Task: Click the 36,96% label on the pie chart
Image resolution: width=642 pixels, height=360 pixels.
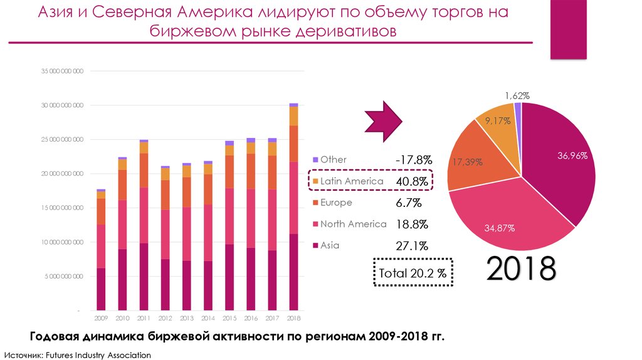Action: (572, 156)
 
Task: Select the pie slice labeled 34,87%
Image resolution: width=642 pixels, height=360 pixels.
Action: (500, 228)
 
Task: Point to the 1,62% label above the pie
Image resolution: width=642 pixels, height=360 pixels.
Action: (517, 96)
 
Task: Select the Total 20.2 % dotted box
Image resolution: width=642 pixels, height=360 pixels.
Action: (413, 273)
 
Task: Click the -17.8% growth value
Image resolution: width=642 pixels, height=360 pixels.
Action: (412, 160)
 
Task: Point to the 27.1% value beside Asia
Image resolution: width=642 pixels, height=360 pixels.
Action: (412, 246)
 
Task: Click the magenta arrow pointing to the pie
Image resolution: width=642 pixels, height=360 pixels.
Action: (385, 118)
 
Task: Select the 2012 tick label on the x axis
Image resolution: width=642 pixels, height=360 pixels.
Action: (166, 318)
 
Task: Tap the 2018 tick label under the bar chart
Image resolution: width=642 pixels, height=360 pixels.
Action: (293, 318)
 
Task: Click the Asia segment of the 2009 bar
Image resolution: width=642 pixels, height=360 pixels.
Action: (102, 289)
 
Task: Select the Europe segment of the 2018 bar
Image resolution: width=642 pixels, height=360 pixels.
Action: (293, 144)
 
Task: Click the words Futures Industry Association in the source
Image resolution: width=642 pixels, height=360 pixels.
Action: (100, 355)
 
